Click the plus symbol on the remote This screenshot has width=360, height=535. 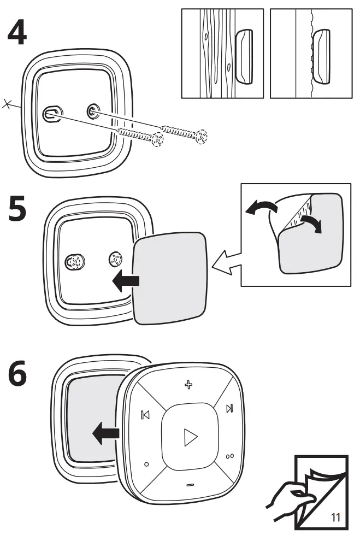tap(189, 386)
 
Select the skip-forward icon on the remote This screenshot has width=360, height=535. tap(230, 408)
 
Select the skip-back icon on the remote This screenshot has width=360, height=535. tap(145, 415)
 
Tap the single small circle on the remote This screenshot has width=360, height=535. tap(146, 465)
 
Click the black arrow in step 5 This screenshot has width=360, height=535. tap(125, 281)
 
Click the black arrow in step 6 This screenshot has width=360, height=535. tap(106, 434)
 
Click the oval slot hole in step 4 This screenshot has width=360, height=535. tap(51, 114)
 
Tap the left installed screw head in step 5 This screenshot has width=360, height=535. tap(73, 262)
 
